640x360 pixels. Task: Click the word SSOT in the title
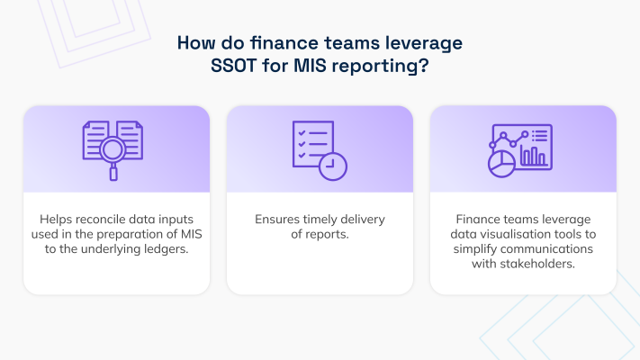233,66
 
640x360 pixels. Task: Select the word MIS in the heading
310,66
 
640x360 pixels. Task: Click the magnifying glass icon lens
113,149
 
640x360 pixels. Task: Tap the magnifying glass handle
113,172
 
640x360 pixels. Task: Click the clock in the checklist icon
333,166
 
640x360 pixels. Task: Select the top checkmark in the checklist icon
302,133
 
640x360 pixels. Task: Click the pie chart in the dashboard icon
501,164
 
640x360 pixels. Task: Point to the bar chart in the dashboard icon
533,157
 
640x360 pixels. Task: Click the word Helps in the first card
56,220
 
